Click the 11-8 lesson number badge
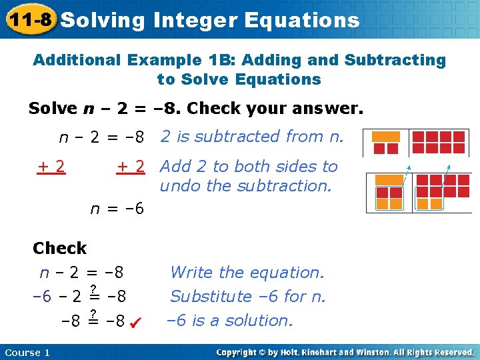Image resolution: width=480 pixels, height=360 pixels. pyautogui.click(x=28, y=19)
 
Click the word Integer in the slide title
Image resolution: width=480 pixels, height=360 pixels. pyautogui.click(x=195, y=20)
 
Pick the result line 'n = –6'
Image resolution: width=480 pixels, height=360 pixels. pyautogui.click(x=117, y=208)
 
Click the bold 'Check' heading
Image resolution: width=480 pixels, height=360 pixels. pyautogui.click(x=59, y=248)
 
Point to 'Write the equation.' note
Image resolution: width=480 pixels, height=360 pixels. pyautogui.click(x=247, y=272)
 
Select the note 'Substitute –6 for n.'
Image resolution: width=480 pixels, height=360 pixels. pyautogui.click(x=248, y=296)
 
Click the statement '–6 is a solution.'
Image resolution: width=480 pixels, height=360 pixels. pyautogui.click(x=229, y=321)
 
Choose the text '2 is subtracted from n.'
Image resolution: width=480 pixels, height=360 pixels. pyautogui.click(x=252, y=137)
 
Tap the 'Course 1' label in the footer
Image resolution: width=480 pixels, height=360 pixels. pyautogui.click(x=27, y=352)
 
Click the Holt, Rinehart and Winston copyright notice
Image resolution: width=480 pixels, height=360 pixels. pyautogui.click(x=345, y=352)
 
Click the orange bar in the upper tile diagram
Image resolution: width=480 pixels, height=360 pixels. pyautogui.click(x=385, y=136)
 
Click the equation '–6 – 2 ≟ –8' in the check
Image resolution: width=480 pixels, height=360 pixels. pyautogui.click(x=80, y=296)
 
